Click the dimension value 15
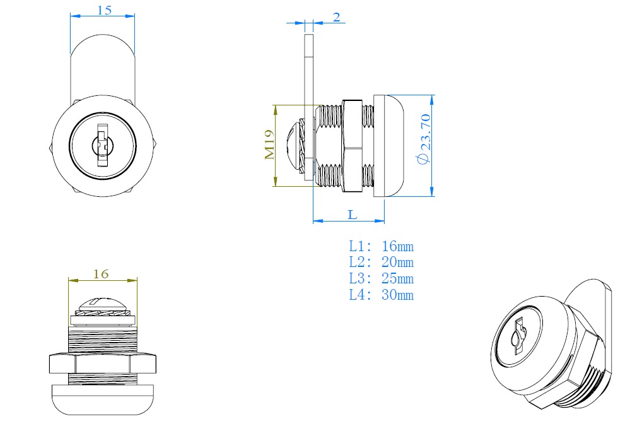105,10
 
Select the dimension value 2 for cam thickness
337,17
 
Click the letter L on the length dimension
353,215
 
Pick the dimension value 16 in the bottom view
101,274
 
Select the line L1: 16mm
382,247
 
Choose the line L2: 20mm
382,263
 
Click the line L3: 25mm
382,279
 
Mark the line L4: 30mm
382,295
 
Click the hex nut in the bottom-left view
102,364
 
